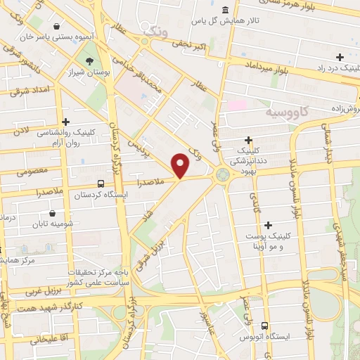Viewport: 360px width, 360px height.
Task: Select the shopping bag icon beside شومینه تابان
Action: click(53, 213)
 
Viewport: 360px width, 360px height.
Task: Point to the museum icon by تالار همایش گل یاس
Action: click(224, 10)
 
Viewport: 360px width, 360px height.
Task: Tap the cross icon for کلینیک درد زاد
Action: click(340, 57)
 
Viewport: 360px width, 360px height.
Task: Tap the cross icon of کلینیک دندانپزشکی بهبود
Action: click(250, 140)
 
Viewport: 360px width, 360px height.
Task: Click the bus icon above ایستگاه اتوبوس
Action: click(264, 326)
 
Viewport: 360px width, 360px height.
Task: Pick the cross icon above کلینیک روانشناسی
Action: click(65, 122)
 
